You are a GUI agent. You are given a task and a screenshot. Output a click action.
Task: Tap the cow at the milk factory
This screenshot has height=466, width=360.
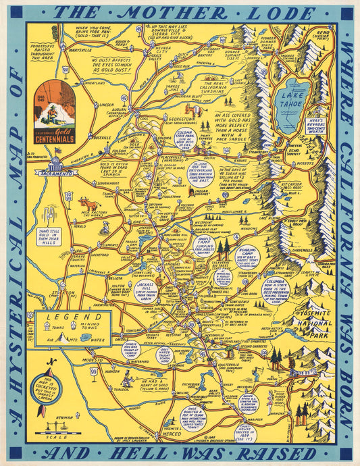[88, 203]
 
